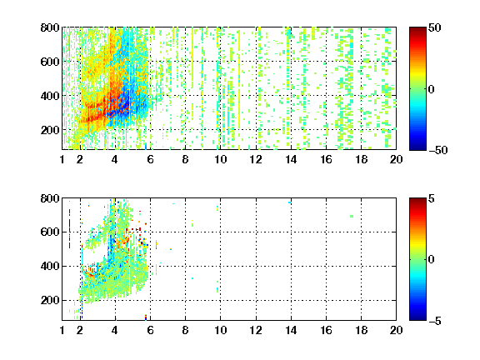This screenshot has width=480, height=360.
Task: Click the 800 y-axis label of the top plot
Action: tap(50, 27)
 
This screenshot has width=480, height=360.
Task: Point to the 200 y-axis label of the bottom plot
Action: tap(50, 300)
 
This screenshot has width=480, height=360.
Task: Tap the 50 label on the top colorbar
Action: tap(435, 27)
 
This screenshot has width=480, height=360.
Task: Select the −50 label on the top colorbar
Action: tap(437, 150)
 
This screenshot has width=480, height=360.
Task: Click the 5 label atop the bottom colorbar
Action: tap(432, 198)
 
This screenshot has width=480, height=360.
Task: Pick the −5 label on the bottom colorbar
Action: tap(435, 321)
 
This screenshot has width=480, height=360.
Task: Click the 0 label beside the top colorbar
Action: tap(432, 89)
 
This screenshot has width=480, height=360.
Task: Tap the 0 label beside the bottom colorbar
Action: tap(432, 260)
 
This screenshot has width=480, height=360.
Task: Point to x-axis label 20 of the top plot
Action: tap(396, 159)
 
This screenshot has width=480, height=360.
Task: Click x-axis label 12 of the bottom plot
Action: tap(256, 330)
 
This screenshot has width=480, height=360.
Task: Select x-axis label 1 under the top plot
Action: tap(62, 159)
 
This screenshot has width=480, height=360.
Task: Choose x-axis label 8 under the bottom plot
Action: tap(185, 330)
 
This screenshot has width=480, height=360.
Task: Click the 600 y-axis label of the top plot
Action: tap(50, 62)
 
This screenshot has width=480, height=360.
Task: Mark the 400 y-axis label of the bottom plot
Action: tap(50, 266)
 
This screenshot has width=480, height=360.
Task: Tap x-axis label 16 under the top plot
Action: tap(326, 159)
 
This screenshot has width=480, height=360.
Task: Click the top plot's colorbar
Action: tap(417, 89)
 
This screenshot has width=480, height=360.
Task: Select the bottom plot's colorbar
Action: tap(417, 259)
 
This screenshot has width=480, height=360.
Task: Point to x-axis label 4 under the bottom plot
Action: tap(115, 330)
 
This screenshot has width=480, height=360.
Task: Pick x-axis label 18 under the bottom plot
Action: tap(361, 330)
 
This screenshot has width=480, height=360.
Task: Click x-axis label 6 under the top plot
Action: tap(150, 159)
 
